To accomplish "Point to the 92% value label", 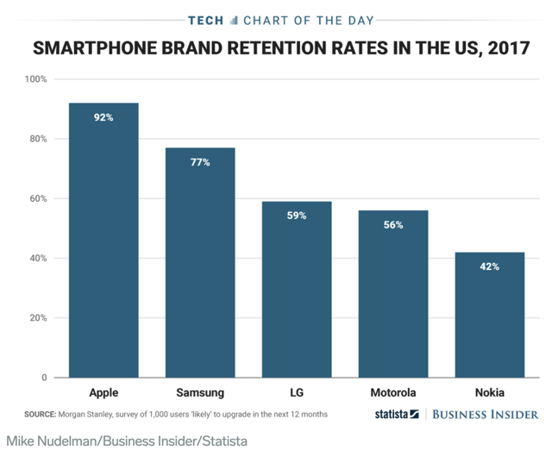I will pyautogui.click(x=103, y=116).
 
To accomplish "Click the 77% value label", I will pyautogui.click(x=200, y=161).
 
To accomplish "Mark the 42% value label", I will pyautogui.click(x=490, y=266).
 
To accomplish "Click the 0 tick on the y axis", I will pyautogui.click(x=43, y=378).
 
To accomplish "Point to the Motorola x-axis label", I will pyautogui.click(x=393, y=392).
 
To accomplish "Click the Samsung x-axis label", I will pyautogui.click(x=200, y=392).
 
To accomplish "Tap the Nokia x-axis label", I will pyautogui.click(x=490, y=392).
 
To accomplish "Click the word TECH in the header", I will pyautogui.click(x=204, y=19).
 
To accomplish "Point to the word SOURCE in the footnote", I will pyautogui.click(x=41, y=415).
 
